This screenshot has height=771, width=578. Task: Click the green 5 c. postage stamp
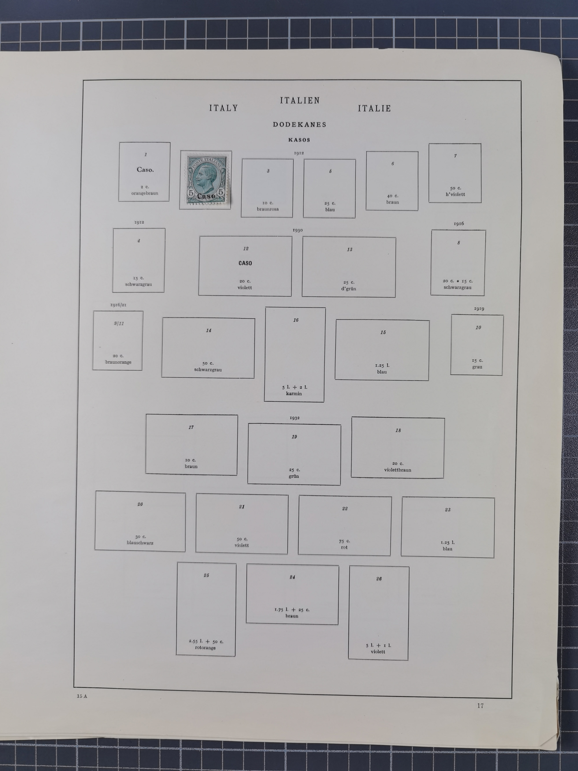click(x=207, y=180)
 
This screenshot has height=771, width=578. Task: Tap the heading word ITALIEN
click(x=300, y=101)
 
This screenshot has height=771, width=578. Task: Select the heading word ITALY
click(x=224, y=108)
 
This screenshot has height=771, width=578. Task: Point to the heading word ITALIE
click(x=374, y=108)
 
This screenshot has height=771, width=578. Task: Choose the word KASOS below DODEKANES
click(x=299, y=140)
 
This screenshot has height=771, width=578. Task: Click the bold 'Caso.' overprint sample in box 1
click(x=145, y=170)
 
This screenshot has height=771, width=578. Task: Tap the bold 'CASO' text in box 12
click(x=245, y=263)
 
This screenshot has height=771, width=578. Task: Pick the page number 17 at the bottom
click(x=480, y=706)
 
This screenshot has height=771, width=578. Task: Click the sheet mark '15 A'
click(x=82, y=696)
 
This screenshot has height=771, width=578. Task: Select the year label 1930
click(x=298, y=230)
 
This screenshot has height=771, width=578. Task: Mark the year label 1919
click(x=479, y=308)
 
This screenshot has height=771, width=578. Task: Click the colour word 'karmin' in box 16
click(x=294, y=393)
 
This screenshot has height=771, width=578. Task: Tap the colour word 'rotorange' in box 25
click(x=205, y=648)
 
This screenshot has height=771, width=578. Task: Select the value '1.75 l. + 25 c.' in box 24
click(x=292, y=610)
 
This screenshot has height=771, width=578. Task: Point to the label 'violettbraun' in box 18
click(x=398, y=470)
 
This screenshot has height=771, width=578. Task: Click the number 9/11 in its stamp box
click(x=119, y=323)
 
